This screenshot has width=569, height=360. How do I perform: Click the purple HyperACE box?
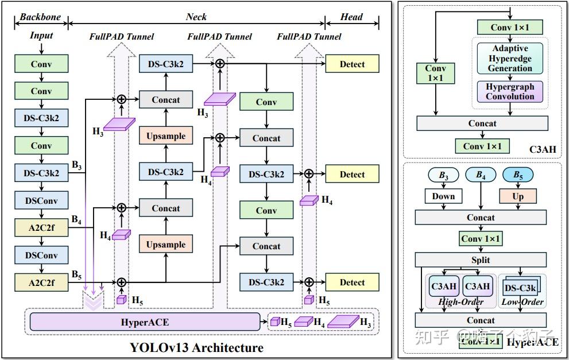(x=144, y=322)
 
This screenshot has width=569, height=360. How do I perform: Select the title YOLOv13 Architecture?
(x=196, y=347)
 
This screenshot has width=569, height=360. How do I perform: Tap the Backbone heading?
(x=40, y=17)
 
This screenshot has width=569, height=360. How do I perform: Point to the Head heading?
(x=351, y=17)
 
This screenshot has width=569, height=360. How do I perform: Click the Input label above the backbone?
(x=41, y=36)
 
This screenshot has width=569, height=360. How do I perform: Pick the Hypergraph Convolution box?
(x=510, y=91)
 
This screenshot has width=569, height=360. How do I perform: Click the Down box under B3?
(x=443, y=196)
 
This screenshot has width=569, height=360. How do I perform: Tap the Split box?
(x=481, y=260)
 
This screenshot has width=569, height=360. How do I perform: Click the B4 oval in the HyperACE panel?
(x=481, y=175)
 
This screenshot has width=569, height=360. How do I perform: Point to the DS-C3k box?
(x=521, y=287)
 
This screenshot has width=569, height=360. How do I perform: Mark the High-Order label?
(x=460, y=302)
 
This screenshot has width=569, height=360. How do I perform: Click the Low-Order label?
(x=522, y=302)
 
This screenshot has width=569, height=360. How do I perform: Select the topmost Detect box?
(x=352, y=64)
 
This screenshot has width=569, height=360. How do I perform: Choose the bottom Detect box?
(x=352, y=282)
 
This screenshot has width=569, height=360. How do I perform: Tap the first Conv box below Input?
(x=41, y=64)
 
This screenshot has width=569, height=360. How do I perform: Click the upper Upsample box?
(x=166, y=136)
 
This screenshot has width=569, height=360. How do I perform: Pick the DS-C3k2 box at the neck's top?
(x=166, y=64)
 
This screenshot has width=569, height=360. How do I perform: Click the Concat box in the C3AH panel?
(x=482, y=123)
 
